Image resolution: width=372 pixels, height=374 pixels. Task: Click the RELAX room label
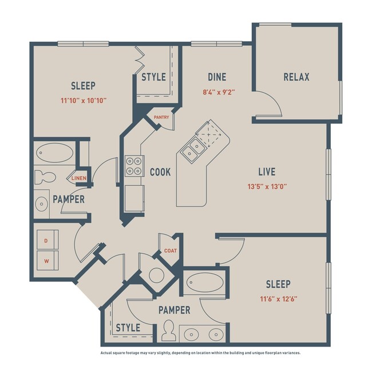(296, 77)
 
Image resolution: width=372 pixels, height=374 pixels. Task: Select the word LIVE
(267, 172)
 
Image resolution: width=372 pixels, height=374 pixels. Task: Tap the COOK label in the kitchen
(160, 172)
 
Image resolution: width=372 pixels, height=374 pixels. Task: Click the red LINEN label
(79, 178)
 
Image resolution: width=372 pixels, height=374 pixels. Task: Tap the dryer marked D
(46, 241)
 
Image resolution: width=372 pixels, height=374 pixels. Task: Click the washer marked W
(46, 262)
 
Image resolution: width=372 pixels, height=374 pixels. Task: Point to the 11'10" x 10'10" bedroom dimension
(83, 100)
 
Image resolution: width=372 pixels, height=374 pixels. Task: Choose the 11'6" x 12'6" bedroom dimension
(278, 298)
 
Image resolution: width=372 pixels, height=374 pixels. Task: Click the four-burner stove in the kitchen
(134, 166)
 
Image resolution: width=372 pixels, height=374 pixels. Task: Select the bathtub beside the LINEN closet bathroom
(54, 154)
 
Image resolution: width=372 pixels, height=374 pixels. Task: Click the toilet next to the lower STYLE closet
(169, 331)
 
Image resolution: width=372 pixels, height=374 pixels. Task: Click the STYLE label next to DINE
(153, 77)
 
